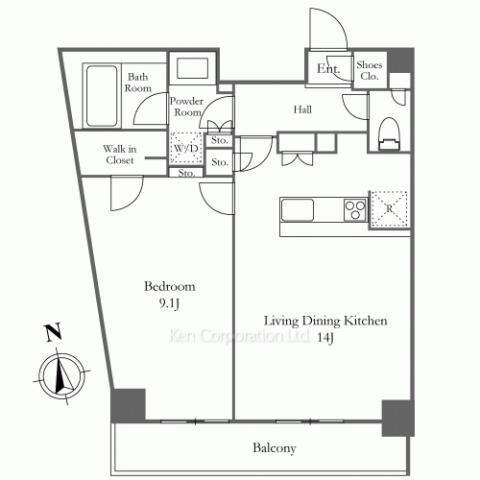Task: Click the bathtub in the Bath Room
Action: (102, 96)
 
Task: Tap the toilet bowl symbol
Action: (389, 133)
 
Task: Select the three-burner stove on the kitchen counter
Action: (355, 210)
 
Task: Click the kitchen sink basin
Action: (298, 210)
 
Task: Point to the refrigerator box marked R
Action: (390, 209)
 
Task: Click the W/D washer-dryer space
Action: (186, 148)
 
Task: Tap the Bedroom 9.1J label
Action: (170, 295)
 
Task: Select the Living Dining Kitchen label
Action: (325, 321)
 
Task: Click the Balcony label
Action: (275, 448)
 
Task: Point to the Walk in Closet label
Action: (120, 155)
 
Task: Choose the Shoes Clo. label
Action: (370, 70)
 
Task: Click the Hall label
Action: (302, 109)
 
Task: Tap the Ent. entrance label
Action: (328, 68)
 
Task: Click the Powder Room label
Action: (186, 107)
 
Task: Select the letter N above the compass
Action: (53, 333)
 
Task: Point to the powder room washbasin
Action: (193, 68)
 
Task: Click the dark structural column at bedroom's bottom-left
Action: (128, 406)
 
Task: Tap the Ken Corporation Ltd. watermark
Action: (239, 336)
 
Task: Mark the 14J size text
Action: (325, 338)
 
